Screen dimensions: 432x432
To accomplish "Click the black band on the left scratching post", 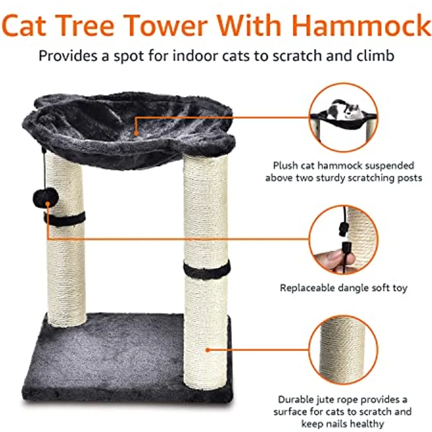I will click(65, 219).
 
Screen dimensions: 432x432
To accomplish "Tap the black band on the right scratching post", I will click(207, 270).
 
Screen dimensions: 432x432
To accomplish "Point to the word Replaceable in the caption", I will click(309, 288).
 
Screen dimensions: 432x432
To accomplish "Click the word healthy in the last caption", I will click(366, 423).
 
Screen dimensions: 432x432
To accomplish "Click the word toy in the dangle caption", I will click(400, 288).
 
